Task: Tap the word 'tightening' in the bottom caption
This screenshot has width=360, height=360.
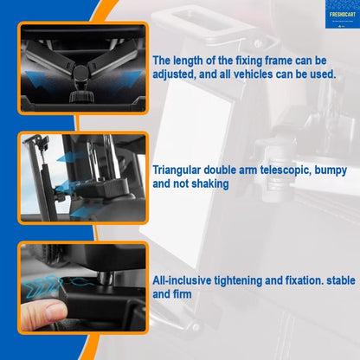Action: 244,281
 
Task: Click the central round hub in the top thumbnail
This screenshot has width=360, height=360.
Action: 80,70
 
